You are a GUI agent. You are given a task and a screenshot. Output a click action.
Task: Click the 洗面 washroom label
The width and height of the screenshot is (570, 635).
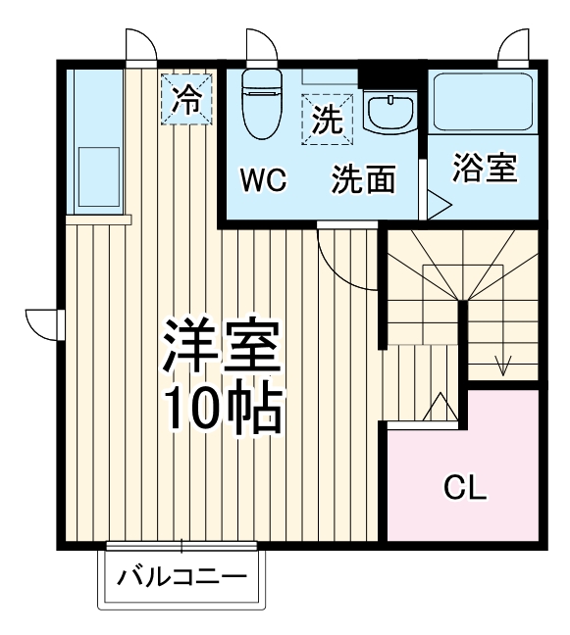point(363,180)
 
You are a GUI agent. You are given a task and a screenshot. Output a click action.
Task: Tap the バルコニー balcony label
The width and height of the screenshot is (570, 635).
point(182,576)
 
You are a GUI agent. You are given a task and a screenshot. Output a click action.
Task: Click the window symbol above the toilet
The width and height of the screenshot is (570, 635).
point(260,47)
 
